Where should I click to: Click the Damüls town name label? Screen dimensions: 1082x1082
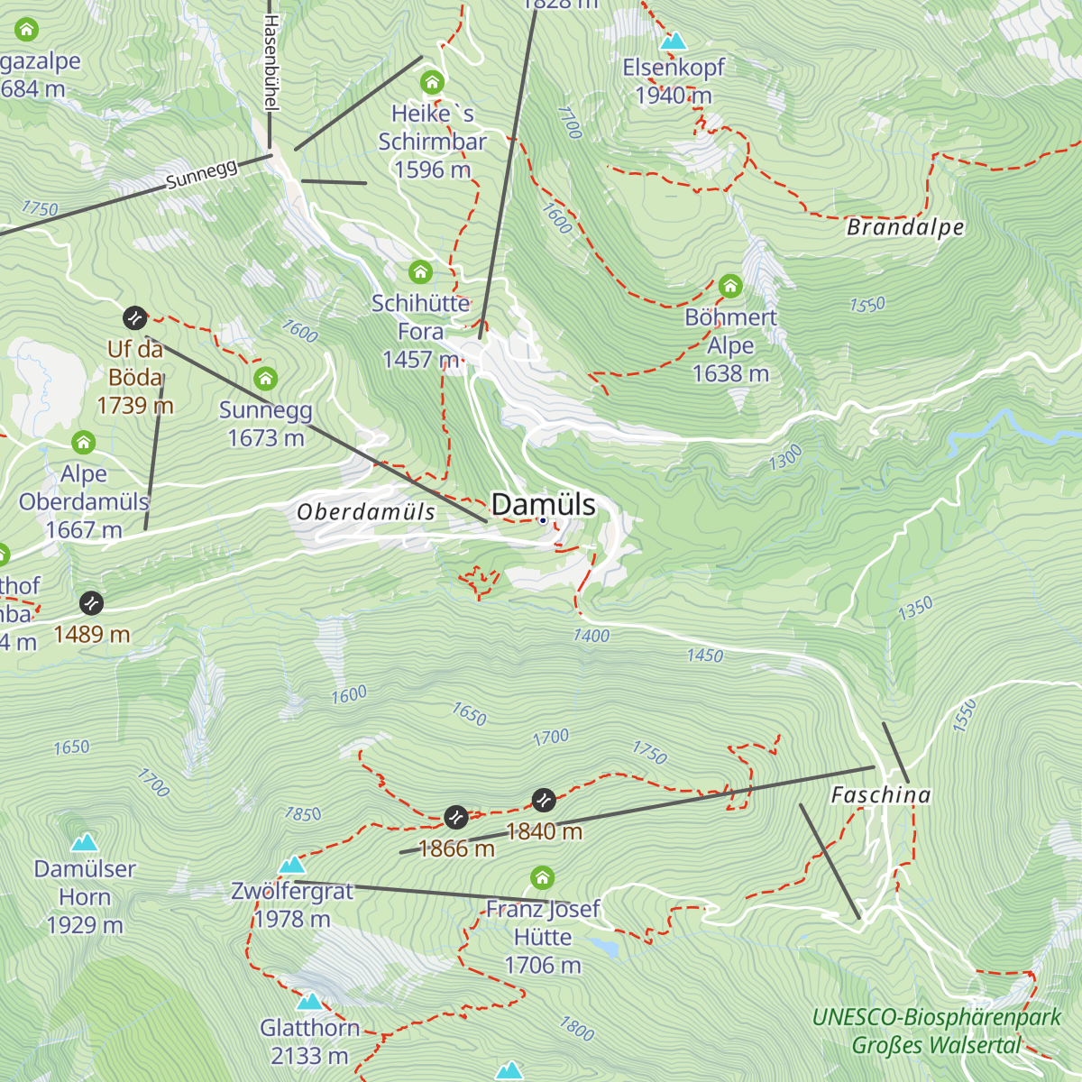[x=543, y=504]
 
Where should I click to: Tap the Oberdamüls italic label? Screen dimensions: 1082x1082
[x=366, y=512]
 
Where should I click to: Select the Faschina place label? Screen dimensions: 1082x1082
[x=880, y=794]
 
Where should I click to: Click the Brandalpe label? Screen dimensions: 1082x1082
[x=905, y=227]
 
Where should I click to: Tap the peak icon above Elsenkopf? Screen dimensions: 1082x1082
[x=673, y=41]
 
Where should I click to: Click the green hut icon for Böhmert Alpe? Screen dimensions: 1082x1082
[x=730, y=287]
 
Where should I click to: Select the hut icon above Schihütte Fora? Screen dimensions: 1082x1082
[x=420, y=271]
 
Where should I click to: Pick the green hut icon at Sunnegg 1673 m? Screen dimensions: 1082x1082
[x=265, y=378]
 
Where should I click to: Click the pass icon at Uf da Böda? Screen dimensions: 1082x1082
[x=134, y=317]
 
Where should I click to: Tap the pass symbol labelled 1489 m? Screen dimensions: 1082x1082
[x=91, y=602]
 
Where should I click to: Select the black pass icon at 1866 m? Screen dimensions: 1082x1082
[x=456, y=817]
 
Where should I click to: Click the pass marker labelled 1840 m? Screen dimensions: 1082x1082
[x=544, y=800]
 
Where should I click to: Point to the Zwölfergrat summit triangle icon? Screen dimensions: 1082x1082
[x=291, y=865]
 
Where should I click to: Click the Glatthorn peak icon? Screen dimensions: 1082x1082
[x=309, y=1001]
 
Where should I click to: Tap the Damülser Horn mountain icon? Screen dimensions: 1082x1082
[x=85, y=842]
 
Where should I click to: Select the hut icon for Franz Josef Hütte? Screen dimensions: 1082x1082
[x=542, y=877]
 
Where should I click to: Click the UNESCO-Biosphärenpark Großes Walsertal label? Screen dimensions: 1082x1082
[x=937, y=1032]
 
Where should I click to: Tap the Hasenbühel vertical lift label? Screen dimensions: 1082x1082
[x=270, y=63]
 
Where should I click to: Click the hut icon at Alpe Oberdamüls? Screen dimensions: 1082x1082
[x=84, y=442]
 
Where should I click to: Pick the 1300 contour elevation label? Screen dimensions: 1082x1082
[x=784, y=458]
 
